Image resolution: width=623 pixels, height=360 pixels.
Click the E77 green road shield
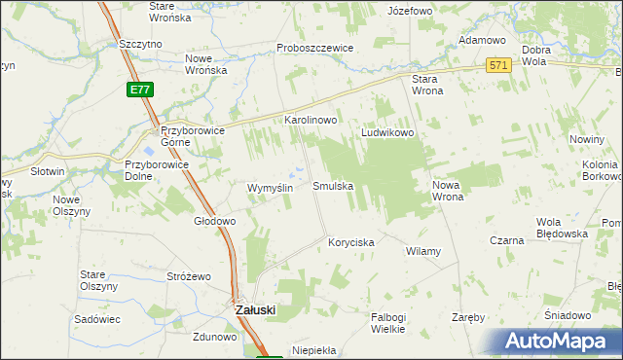click(139, 90)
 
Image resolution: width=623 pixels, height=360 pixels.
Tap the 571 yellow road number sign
click(498, 65)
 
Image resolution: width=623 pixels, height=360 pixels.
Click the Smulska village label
click(332, 185)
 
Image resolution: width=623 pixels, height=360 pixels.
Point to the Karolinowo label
click(310, 120)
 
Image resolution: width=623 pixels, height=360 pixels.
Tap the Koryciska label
click(350, 242)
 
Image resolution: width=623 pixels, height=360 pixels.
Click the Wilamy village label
click(422, 251)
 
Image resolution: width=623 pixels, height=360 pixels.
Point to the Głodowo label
click(214, 221)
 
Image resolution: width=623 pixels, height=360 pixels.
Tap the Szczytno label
click(139, 44)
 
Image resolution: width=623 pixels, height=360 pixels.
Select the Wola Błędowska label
click(562, 229)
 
